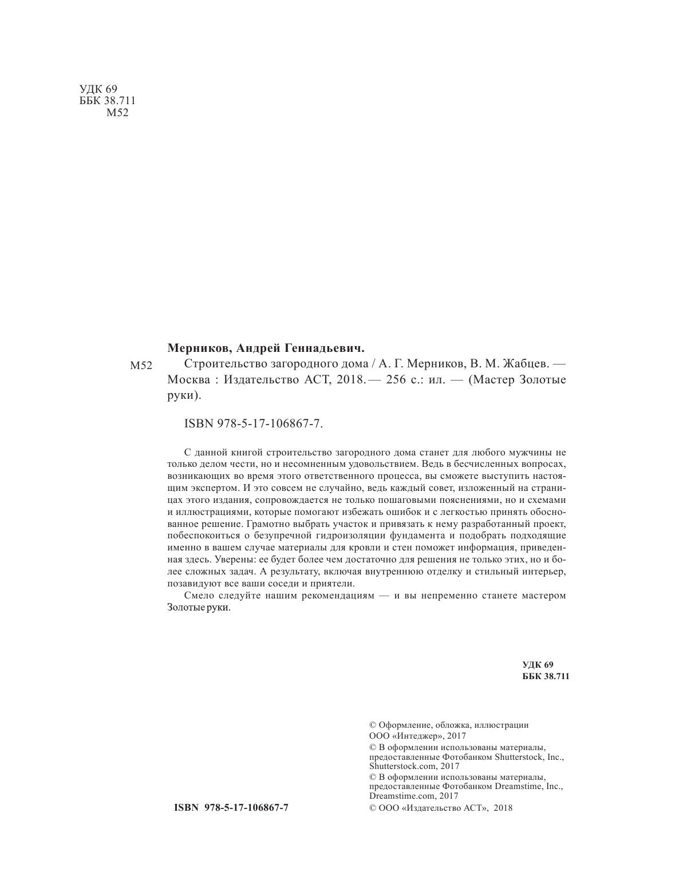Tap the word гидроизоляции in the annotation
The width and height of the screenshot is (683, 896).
[344, 536]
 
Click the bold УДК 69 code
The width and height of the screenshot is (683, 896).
[538, 664]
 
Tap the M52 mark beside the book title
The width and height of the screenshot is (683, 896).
[140, 366]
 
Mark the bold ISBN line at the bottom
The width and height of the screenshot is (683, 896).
[230, 807]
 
